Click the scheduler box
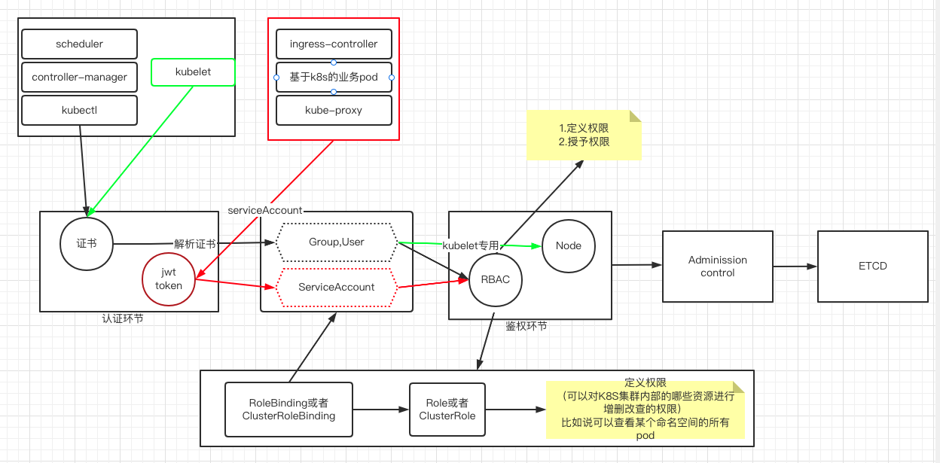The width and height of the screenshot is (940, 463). [79, 44]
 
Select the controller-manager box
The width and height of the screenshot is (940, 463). [79, 77]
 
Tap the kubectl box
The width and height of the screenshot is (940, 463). [79, 111]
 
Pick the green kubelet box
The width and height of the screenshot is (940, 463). [193, 72]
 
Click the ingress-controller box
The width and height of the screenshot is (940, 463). [334, 44]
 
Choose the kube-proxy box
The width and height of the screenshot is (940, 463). [334, 111]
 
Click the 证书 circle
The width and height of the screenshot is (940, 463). [87, 244]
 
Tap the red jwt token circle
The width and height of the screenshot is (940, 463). [169, 279]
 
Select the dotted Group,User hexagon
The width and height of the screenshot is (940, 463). [336, 242]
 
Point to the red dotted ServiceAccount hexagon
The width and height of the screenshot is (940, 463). [336, 288]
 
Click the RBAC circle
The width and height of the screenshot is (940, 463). [495, 280]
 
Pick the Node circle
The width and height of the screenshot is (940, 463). [568, 246]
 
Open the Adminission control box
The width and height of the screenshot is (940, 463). [718, 267]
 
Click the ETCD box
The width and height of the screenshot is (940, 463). [873, 267]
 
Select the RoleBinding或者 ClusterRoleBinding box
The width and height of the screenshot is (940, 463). [288, 410]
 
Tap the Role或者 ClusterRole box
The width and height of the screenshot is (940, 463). [447, 410]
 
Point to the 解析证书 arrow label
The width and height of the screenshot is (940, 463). [195, 244]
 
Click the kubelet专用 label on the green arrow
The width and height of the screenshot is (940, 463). [471, 245]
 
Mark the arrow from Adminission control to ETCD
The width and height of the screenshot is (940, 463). [795, 267]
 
